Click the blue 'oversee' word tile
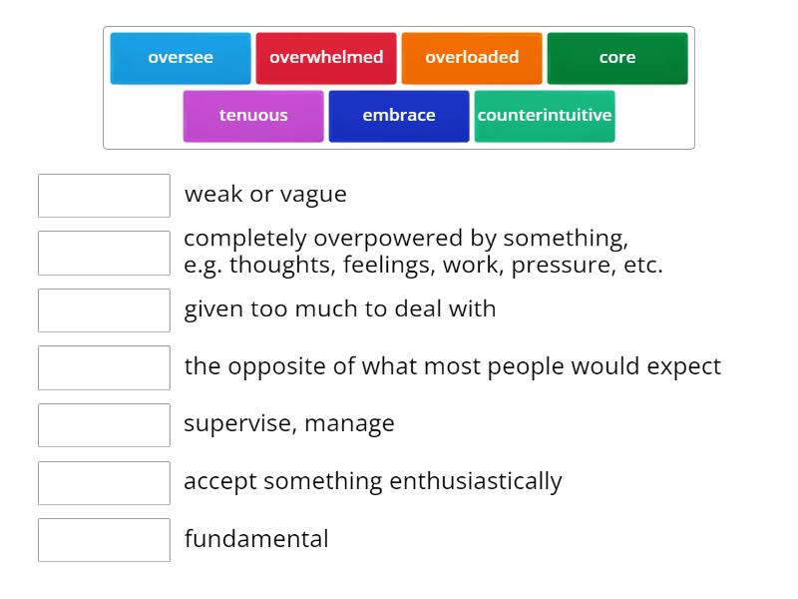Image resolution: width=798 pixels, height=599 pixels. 181,58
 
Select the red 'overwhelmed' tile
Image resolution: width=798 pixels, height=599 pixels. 326,58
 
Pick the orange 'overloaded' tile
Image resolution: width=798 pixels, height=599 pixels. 472,58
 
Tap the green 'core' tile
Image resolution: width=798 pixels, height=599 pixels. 617,58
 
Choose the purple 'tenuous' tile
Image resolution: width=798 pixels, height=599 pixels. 253,116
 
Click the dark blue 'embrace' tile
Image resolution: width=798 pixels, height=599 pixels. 399,116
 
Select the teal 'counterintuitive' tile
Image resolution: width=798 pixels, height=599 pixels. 545,116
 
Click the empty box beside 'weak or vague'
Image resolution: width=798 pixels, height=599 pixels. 104,196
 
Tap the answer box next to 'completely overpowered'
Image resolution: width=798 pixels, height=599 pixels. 104,253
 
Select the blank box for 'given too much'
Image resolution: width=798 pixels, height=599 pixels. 104,310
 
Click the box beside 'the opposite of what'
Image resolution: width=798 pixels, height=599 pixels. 104,367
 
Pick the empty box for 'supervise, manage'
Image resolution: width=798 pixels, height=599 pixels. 104,425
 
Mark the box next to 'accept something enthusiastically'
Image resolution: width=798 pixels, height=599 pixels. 104,482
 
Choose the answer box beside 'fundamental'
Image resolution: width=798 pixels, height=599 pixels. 104,540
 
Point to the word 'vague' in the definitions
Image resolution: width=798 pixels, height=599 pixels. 314,195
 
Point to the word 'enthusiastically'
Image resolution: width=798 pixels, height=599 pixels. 476,481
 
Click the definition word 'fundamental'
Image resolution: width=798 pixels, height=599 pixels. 256,539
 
